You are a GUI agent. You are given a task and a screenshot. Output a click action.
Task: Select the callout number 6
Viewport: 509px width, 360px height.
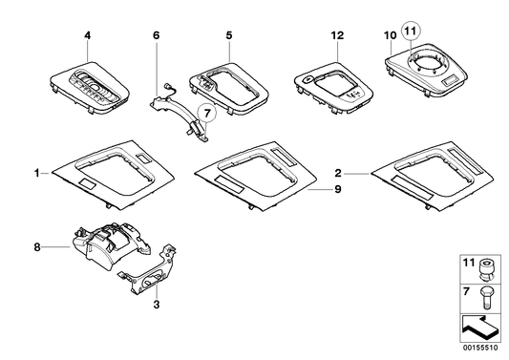[155, 35]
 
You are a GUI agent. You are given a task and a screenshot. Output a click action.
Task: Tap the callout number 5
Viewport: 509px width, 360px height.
[228, 36]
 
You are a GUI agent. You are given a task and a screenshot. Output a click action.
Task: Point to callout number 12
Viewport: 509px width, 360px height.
[335, 36]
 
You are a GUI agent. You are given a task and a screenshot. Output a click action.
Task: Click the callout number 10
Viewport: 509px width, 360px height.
[389, 36]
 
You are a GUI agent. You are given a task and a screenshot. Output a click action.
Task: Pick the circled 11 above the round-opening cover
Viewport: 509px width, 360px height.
[411, 31]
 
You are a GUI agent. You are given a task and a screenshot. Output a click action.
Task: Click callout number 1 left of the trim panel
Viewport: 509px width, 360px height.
[37, 173]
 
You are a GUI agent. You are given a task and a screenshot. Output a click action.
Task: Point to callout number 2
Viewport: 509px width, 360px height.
[339, 173]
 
